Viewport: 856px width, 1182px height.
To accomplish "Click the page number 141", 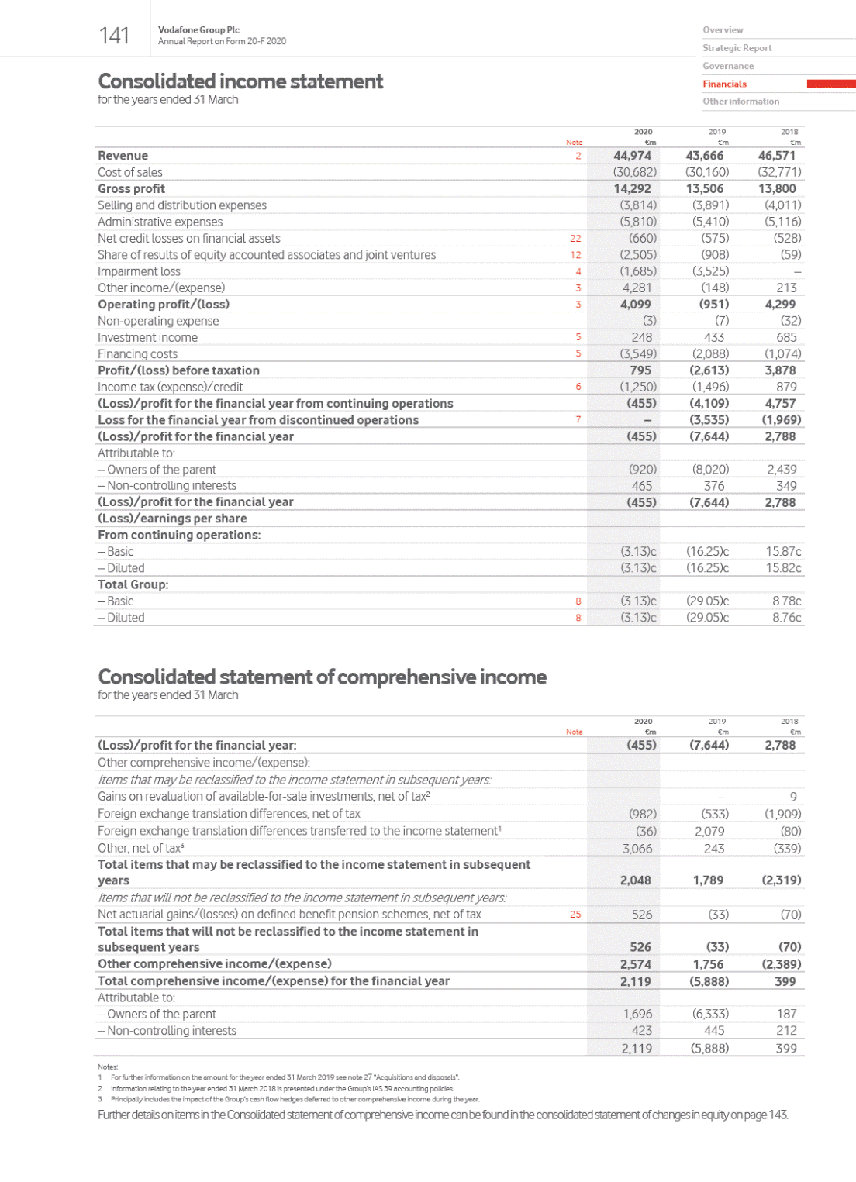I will tap(115, 36).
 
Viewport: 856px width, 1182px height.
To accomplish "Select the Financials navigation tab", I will tap(725, 84).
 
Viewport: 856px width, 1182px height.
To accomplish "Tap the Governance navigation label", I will tap(728, 66).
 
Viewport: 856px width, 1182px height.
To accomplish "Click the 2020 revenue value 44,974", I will tap(633, 156).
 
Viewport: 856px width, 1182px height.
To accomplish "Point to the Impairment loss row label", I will tap(139, 271).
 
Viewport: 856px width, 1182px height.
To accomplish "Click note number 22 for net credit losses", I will tap(575, 239).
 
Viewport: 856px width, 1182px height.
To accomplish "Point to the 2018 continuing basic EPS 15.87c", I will tap(783, 551).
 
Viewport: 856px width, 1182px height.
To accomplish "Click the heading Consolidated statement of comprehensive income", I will tap(322, 677).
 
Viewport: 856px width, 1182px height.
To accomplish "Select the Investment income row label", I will tap(147, 337).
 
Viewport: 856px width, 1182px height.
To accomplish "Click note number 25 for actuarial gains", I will tap(575, 915).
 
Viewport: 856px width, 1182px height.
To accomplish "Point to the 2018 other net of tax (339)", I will tap(787, 849).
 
